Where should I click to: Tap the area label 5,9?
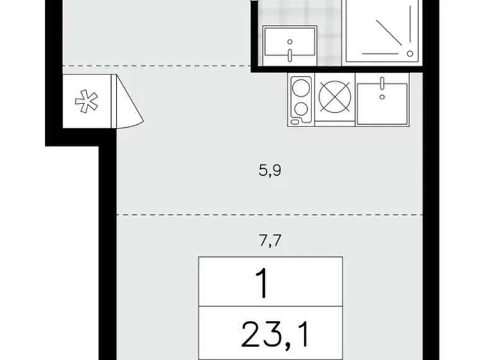(x=270, y=169)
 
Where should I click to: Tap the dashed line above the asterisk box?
(x=155, y=65)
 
